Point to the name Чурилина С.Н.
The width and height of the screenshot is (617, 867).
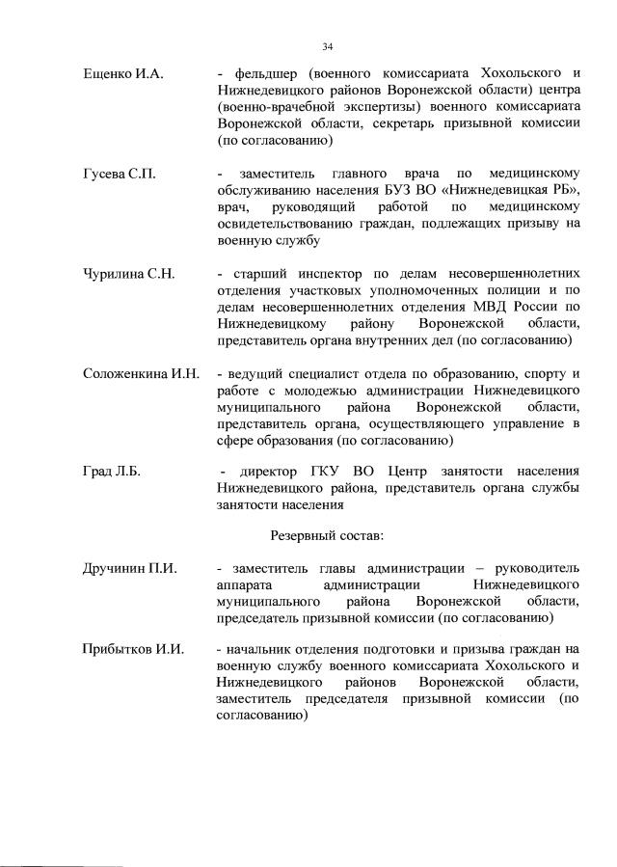pos(128,274)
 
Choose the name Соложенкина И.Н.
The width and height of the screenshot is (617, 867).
pos(141,374)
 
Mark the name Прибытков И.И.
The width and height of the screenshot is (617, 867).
pos(133,650)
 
